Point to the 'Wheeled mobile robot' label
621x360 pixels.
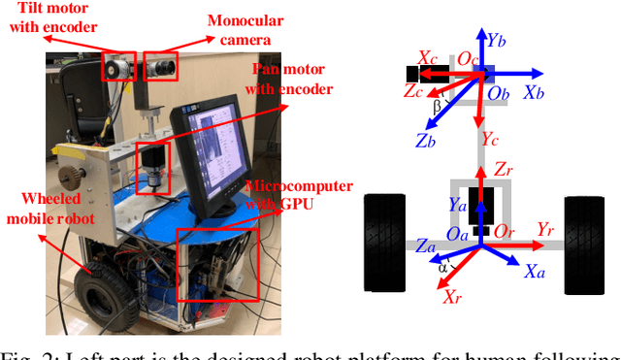(x=46, y=209)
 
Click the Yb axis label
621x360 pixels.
(x=495, y=41)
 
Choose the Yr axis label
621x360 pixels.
(x=546, y=230)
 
